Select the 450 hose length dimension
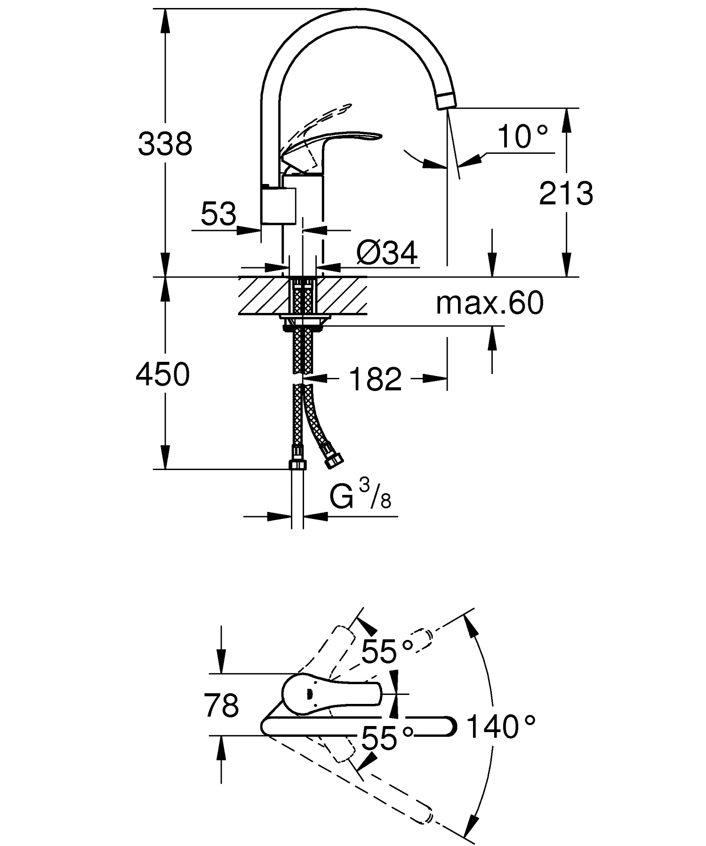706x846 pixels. (x=163, y=375)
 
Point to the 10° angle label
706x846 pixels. (x=522, y=137)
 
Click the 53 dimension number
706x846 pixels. (x=218, y=214)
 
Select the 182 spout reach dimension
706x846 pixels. (x=376, y=379)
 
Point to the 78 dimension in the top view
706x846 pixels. (x=222, y=706)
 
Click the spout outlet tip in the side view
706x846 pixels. (x=446, y=100)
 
